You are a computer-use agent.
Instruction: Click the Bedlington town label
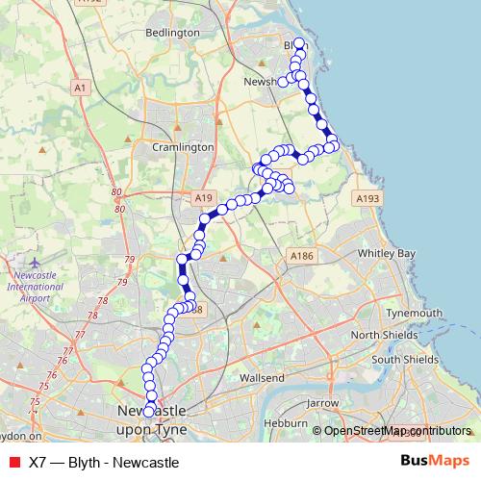coord(171,32)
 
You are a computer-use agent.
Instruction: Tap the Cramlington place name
coord(182,147)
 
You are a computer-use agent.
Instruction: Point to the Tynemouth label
coord(413,314)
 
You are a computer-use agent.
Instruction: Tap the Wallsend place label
coord(263,378)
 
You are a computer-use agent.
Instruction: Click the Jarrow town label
coord(322,403)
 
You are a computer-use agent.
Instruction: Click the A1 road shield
coord(80,88)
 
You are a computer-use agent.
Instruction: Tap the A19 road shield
coord(202,197)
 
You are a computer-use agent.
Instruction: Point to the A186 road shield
coord(302,256)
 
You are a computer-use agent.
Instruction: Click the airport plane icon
coord(35,262)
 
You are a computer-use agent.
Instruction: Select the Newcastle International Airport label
coord(35,286)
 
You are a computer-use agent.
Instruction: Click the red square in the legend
coord(14,461)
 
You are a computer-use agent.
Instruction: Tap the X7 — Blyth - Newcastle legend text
coord(104,461)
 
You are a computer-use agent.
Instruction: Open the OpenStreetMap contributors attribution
coord(397,431)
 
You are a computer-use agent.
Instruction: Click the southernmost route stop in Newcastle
coord(148,412)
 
